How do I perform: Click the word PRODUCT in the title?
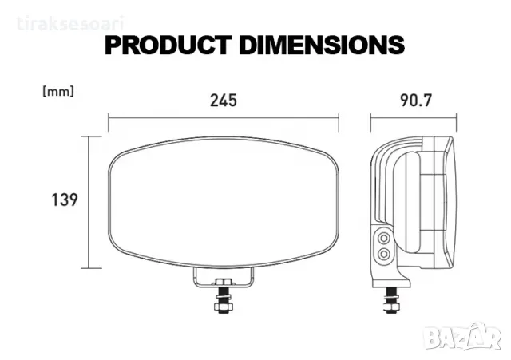168,45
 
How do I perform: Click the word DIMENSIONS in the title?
322,45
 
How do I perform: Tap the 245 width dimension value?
224,101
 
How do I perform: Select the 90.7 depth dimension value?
416,101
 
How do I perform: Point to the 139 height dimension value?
65,200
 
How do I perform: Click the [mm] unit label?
58,92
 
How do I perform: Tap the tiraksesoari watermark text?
70,25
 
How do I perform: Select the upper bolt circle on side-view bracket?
384,239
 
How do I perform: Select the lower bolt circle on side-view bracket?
384,254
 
